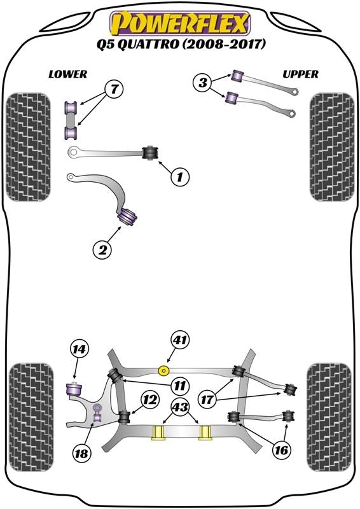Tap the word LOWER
coord(67,74)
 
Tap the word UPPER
coord(300,74)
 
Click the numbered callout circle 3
coord(203,82)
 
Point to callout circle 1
coord(180,178)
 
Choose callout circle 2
coord(102,250)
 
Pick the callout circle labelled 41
coord(179,341)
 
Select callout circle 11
coord(179,384)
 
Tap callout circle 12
coord(149,400)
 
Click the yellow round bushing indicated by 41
coord(164,370)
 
